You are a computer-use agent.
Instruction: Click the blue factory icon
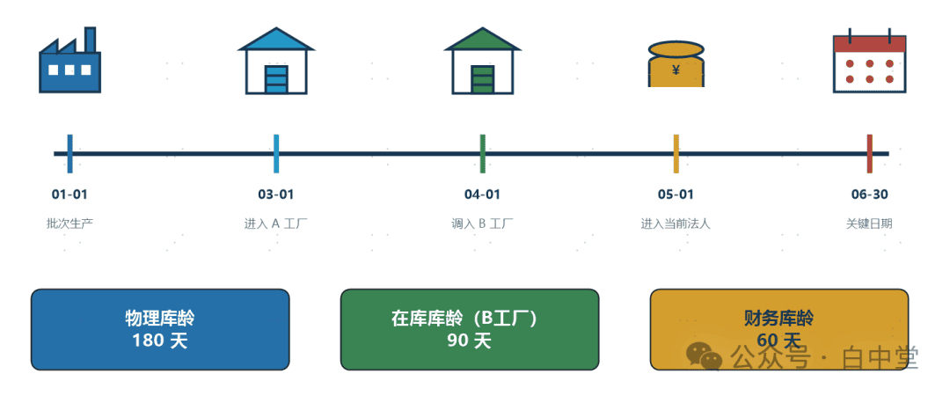[x=69, y=60]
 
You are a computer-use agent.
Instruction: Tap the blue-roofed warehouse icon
[x=276, y=61]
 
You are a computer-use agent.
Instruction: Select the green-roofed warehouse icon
[x=482, y=61]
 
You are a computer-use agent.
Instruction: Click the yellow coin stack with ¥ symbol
[x=676, y=63]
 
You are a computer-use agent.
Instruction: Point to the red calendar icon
[x=869, y=60]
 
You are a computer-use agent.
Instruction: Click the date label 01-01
[x=69, y=194]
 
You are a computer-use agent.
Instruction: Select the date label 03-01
[x=276, y=194]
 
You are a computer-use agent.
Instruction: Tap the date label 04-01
[x=482, y=194]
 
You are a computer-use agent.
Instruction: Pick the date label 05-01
[x=676, y=194]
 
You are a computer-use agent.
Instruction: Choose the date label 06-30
[x=869, y=194]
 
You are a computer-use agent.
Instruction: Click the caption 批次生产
[x=69, y=224]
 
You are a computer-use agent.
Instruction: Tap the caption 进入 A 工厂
[x=276, y=224]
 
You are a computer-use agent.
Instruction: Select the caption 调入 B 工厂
[x=482, y=224]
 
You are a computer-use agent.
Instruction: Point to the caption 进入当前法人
[x=676, y=224]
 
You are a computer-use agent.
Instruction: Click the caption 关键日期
[x=869, y=224]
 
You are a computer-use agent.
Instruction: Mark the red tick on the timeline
[x=869, y=154]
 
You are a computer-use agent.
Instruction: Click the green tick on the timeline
[x=482, y=154]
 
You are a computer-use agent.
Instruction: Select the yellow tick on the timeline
[x=676, y=154]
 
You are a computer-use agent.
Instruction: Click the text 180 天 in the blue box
[x=160, y=341]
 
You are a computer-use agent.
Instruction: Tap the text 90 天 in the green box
[x=470, y=341]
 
